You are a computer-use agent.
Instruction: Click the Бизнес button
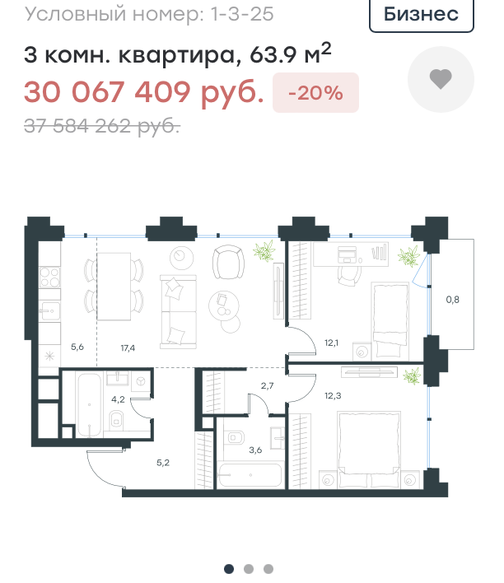422,15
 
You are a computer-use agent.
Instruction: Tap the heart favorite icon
441,79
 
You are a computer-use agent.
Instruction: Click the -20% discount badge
315,92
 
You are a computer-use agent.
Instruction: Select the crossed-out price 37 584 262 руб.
102,126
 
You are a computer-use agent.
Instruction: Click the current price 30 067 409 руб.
144,92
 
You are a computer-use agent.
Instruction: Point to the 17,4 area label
128,348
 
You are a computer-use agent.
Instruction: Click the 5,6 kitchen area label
77,347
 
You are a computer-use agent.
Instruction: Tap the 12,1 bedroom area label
331,343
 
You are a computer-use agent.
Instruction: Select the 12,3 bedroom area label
333,395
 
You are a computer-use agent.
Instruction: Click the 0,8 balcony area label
452,299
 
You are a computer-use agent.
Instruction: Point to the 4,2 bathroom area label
118,399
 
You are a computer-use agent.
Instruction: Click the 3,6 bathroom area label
255,450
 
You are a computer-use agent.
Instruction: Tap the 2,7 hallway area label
267,386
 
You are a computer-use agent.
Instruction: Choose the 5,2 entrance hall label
163,463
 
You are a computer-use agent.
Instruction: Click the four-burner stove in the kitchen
49,278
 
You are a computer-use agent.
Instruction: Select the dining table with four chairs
114,287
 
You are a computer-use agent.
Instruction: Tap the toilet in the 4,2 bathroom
117,420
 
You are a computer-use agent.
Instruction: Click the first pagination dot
229,569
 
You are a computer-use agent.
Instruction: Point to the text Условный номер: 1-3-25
149,15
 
